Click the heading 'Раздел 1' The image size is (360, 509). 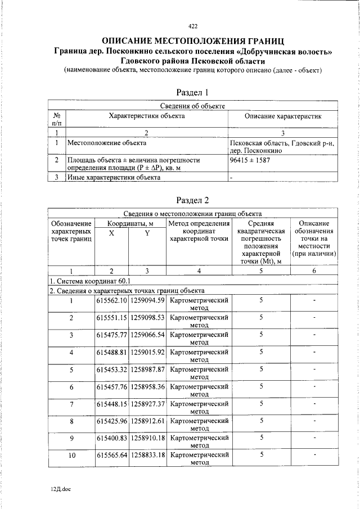click(x=193, y=92)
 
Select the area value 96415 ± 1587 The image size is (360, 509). click(x=250, y=160)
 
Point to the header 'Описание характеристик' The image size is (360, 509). click(x=283, y=116)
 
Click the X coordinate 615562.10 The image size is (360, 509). click(x=111, y=300)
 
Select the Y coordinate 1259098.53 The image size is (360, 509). click(x=147, y=318)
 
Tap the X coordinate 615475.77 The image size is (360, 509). click(x=111, y=335)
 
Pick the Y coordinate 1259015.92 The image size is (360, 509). click(x=147, y=353)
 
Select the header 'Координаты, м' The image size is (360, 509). click(x=130, y=223)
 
